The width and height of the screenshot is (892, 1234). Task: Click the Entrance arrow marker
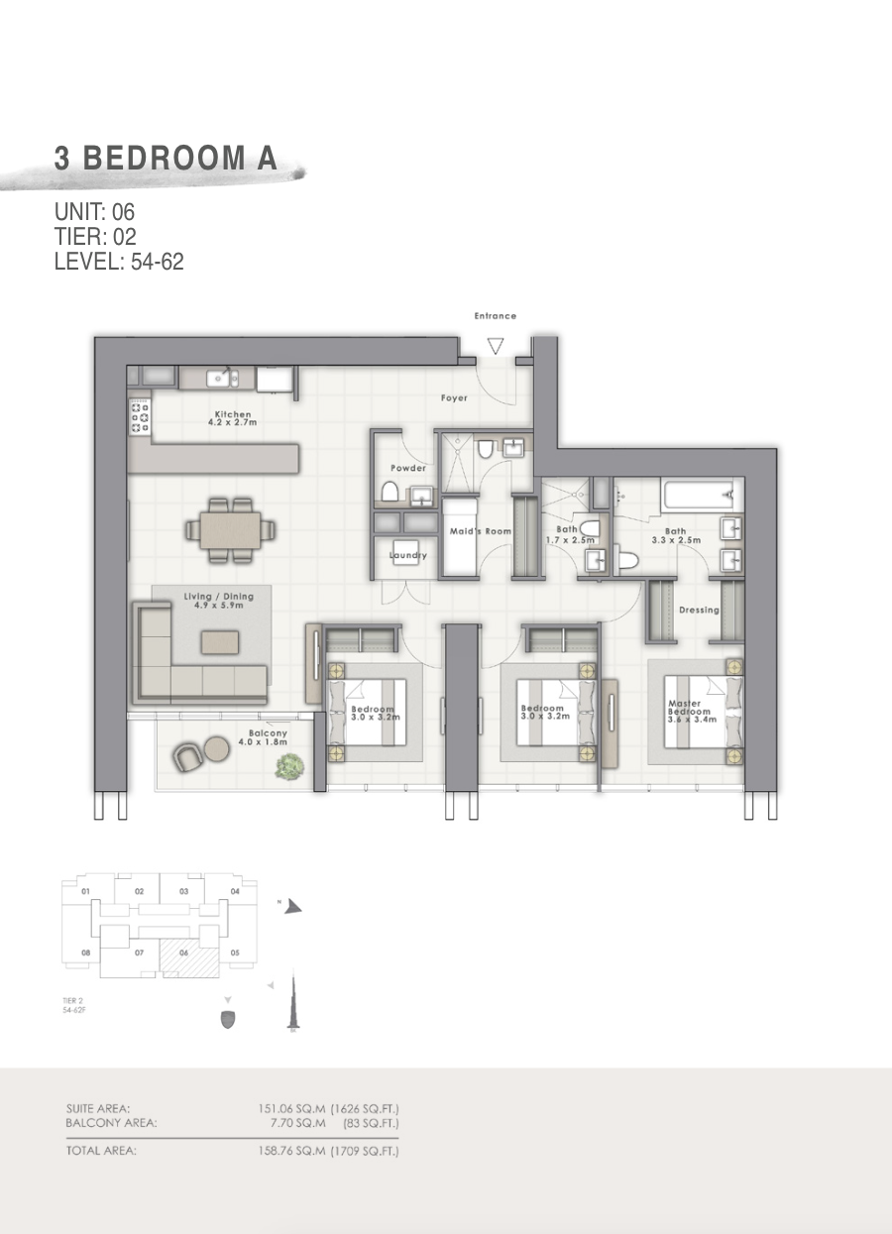pos(495,346)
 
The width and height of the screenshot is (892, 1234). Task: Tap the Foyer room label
pos(454,398)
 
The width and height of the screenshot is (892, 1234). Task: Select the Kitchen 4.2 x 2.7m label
pos(233,418)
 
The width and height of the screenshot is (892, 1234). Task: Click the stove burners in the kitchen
pos(140,418)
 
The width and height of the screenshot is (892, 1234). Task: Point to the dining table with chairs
pos(230,529)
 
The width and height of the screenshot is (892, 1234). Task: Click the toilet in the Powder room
pos(390,492)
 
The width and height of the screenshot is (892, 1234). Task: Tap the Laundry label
pos(407,556)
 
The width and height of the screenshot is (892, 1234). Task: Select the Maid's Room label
pos(481,532)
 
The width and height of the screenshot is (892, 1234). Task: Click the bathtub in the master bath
pos(698,492)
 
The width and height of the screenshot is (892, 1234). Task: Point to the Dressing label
pos(699,611)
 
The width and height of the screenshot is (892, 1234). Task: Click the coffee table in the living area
pos(219,642)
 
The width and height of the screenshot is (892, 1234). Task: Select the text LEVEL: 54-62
pos(119,263)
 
